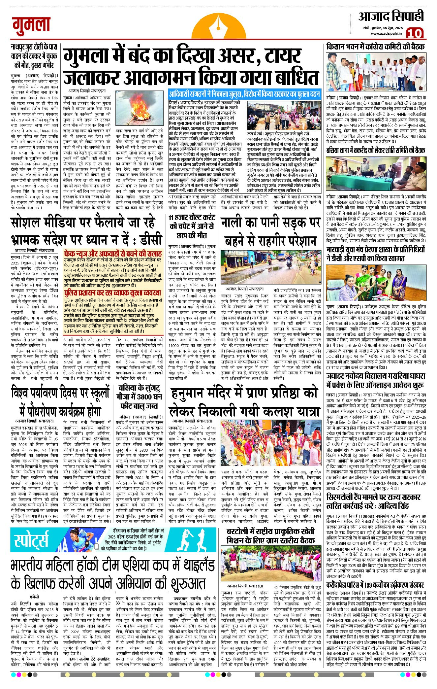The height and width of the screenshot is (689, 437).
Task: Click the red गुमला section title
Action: pyautogui.click(x=31, y=26)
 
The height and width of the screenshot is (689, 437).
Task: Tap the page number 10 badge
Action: pyautogui.click(x=414, y=33)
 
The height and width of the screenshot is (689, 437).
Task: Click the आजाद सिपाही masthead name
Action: pyautogui.click(x=391, y=16)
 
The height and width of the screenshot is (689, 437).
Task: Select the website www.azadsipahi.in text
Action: pyautogui.click(x=386, y=33)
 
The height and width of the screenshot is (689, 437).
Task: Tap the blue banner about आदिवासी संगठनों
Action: pyautogui.click(x=244, y=94)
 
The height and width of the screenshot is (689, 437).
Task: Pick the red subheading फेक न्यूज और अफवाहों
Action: pyautogui.click(x=113, y=254)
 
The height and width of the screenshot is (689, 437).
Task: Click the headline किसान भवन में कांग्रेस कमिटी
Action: pyautogui.click(x=375, y=47)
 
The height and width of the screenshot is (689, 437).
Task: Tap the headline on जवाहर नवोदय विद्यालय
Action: pyautogui.click(x=375, y=380)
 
